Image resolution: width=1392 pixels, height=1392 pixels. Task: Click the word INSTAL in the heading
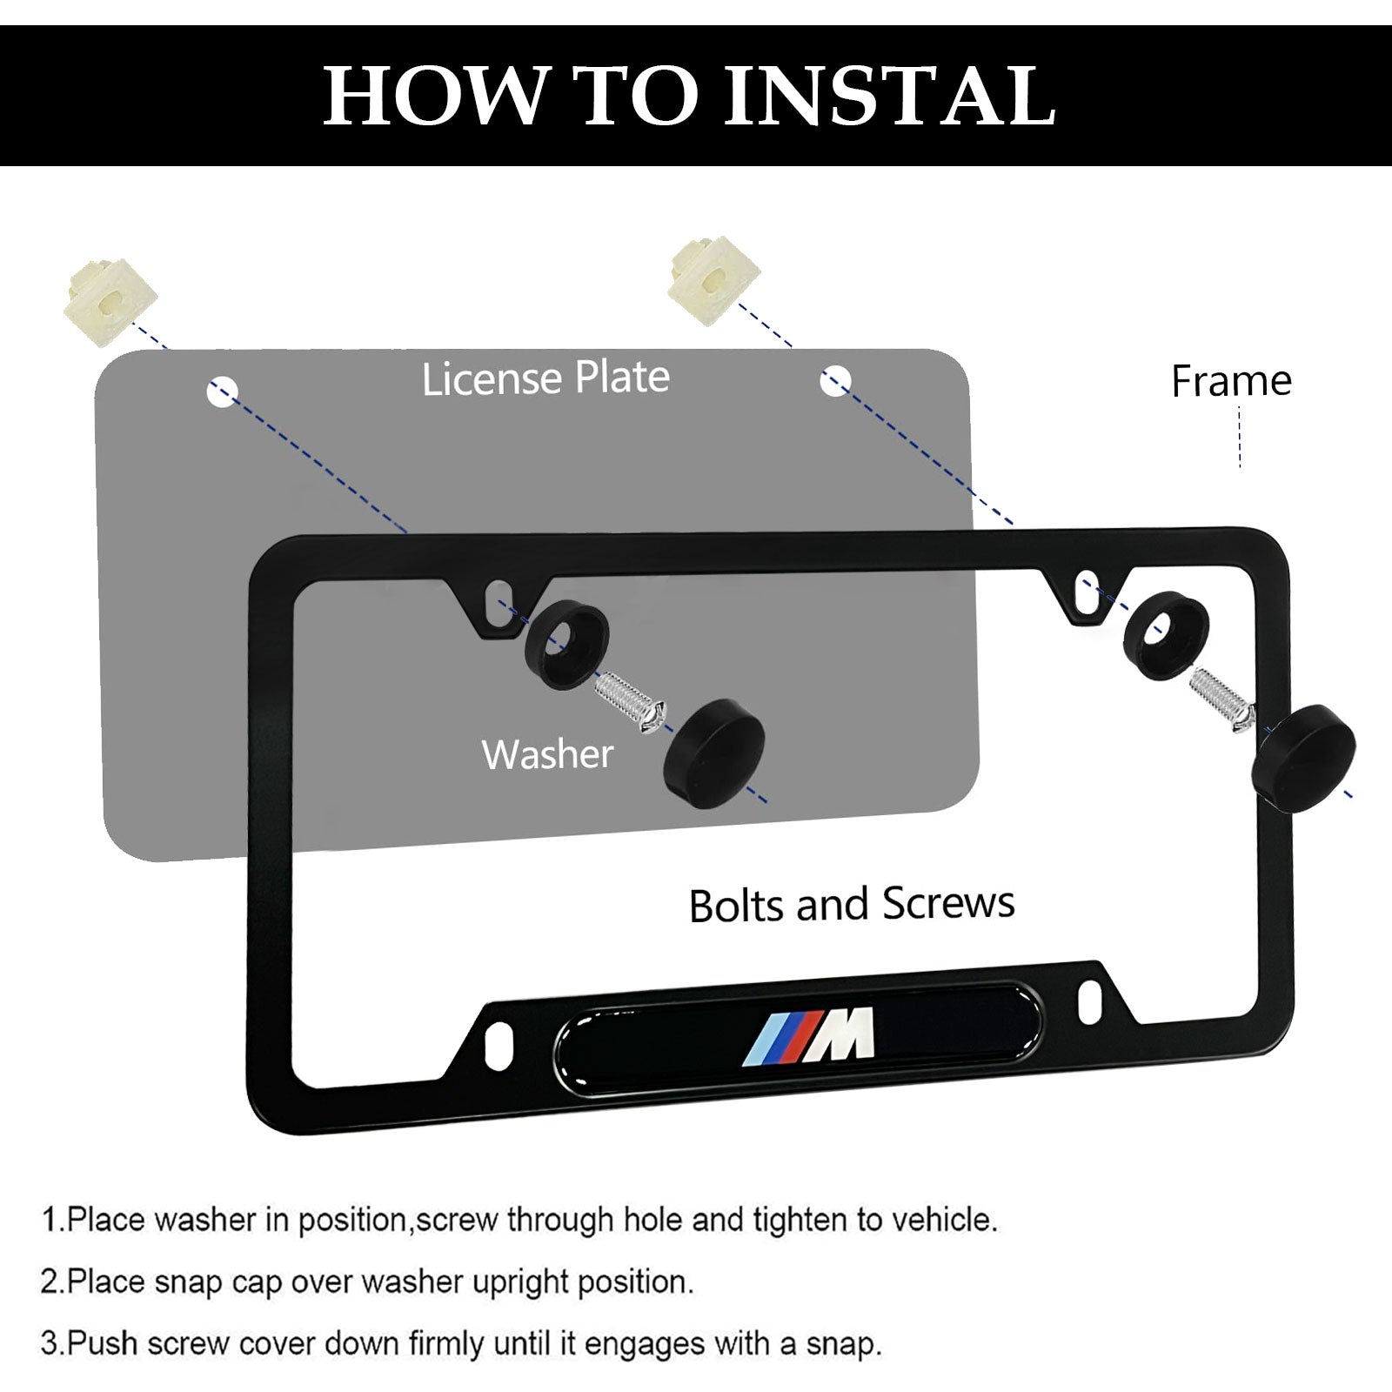tap(890, 95)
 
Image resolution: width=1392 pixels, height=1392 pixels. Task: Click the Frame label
tap(1231, 381)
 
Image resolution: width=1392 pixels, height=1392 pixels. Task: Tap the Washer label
tap(548, 754)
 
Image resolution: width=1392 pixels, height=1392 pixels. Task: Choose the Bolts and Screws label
tap(852, 905)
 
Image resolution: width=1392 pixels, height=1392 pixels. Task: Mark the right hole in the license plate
tap(835, 380)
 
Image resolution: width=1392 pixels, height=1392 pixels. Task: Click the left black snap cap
tap(714, 753)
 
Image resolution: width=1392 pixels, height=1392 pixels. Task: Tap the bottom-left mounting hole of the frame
tap(500, 1039)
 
